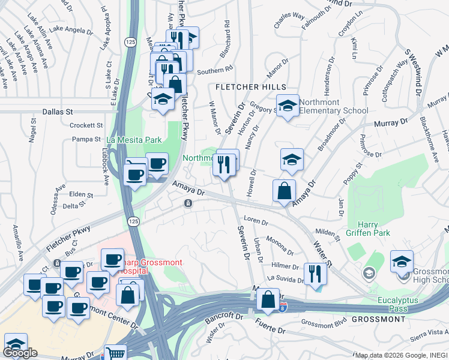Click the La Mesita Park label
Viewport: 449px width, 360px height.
coord(134,140)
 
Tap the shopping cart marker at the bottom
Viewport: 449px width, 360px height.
coord(115,354)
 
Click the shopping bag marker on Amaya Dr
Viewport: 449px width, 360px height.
coord(284,191)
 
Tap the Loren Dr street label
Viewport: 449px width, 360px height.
coord(256,221)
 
